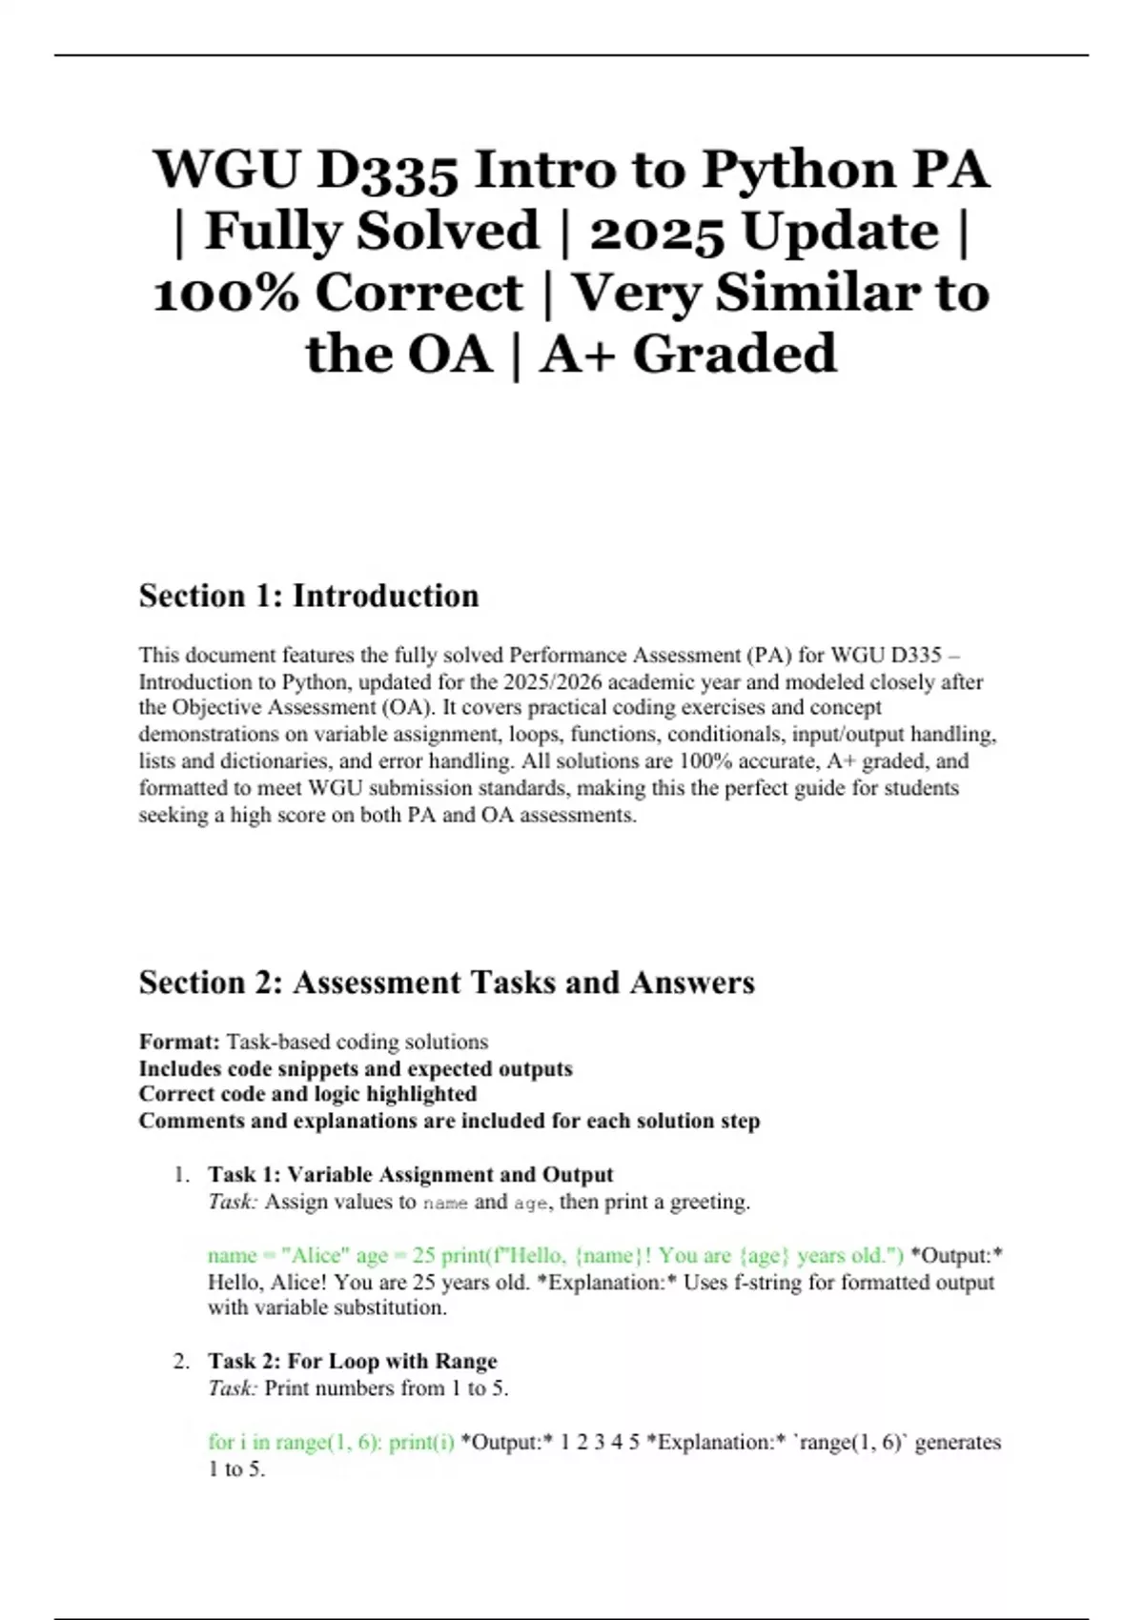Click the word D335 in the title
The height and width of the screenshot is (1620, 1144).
[x=387, y=171]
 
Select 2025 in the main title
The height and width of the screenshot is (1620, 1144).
[x=656, y=232]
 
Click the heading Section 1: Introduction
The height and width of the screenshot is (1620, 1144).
[x=309, y=596]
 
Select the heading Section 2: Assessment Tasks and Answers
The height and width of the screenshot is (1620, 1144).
[x=446, y=982]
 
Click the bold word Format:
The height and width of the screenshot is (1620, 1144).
[x=180, y=1042]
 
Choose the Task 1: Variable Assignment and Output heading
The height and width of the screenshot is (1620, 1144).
[x=410, y=1174]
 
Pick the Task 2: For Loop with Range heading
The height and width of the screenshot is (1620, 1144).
[x=352, y=1361]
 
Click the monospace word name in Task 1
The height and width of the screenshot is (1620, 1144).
[x=445, y=1203]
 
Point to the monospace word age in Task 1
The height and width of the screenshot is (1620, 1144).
[x=531, y=1203]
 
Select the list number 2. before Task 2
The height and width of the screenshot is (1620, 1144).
[x=181, y=1361]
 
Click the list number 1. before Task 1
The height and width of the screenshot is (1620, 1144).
[x=182, y=1174]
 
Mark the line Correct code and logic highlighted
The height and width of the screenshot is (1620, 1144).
[x=308, y=1094]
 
